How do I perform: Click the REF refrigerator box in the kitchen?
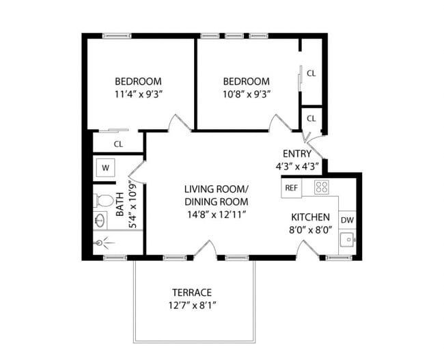(292, 188)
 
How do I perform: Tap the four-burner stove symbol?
(322, 187)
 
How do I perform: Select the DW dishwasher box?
(347, 220)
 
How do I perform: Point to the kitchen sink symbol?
(348, 240)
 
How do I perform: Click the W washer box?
(106, 168)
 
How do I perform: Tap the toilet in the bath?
(103, 201)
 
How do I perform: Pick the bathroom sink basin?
(100, 221)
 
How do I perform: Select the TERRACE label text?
(192, 292)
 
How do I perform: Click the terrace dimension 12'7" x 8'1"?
(193, 305)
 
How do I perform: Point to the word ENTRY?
(297, 154)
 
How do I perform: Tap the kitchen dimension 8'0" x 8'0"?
(310, 230)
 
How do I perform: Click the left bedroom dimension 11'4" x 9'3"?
(138, 94)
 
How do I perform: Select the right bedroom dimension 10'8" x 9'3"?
(247, 94)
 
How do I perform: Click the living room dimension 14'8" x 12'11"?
(216, 214)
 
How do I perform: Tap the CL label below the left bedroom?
(118, 144)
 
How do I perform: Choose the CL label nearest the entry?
(311, 118)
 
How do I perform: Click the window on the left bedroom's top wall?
(117, 36)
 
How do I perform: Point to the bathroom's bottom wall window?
(115, 258)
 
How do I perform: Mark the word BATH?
(120, 204)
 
